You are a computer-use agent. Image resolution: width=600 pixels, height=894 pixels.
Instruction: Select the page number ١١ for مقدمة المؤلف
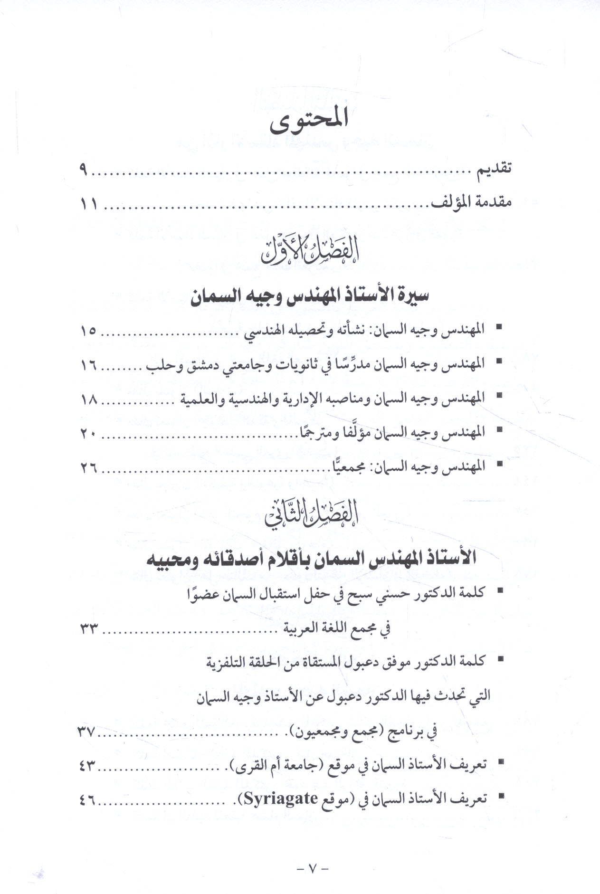coord(88,205)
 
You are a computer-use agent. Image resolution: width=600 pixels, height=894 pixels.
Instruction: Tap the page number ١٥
coord(88,331)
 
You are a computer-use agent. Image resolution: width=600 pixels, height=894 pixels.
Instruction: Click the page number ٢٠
coord(88,434)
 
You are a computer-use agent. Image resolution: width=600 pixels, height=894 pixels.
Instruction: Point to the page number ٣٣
coord(88,629)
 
